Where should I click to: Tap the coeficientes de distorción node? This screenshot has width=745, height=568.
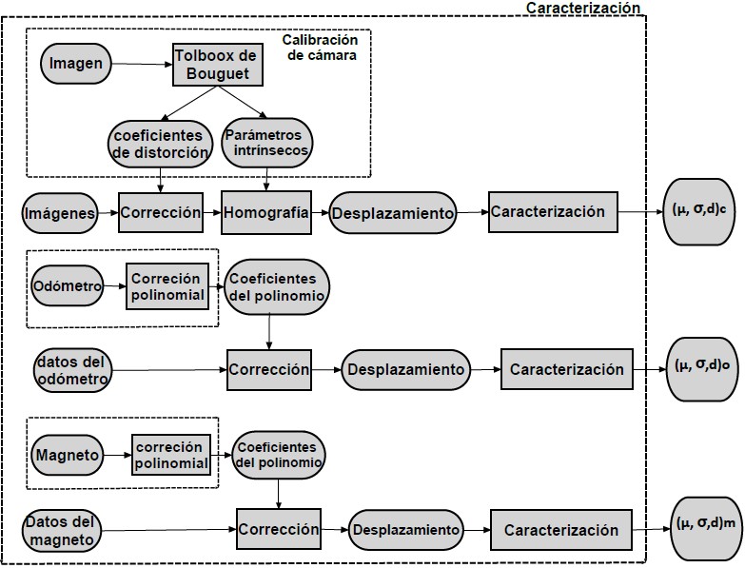(x=159, y=143)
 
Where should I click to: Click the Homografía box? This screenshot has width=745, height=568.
(x=265, y=213)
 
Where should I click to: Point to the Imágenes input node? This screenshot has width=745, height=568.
(x=61, y=214)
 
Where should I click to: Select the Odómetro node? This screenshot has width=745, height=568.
(x=67, y=286)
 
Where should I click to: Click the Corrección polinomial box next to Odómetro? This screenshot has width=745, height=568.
(x=167, y=286)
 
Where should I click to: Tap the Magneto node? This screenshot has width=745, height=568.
(x=67, y=455)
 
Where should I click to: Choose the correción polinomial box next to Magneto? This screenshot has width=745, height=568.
(x=170, y=455)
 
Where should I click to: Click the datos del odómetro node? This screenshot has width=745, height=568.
(x=72, y=370)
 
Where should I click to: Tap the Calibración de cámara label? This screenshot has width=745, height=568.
(x=320, y=48)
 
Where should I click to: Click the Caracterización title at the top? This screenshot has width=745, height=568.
(x=582, y=8)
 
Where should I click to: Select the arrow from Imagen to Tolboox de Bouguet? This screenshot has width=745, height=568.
(x=141, y=65)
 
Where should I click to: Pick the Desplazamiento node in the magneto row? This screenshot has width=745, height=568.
(x=405, y=529)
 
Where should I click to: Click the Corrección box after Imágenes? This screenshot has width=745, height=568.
(x=160, y=213)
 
